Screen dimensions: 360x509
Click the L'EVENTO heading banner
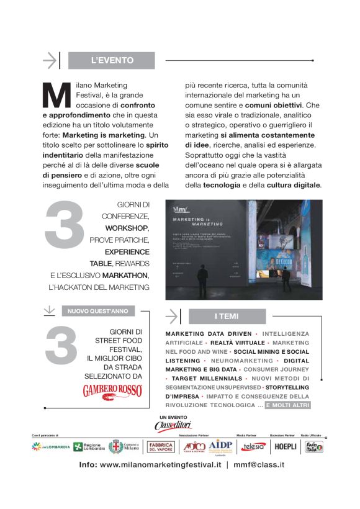click(x=112, y=60)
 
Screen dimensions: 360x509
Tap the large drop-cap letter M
click(x=56, y=95)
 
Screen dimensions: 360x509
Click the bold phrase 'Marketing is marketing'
click(x=104, y=134)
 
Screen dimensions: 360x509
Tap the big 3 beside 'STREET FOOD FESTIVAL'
click(x=61, y=344)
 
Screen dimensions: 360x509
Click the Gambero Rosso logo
click(x=112, y=391)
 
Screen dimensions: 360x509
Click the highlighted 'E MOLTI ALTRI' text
click(x=287, y=405)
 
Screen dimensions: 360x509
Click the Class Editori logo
click(x=173, y=425)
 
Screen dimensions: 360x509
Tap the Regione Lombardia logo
click(x=88, y=447)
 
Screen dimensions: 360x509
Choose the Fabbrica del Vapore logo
click(x=160, y=447)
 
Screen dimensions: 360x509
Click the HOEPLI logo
click(x=285, y=447)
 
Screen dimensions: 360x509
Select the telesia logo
click(x=253, y=447)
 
